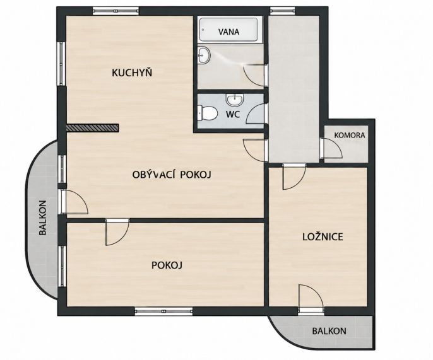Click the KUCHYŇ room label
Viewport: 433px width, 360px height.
[x=132, y=73]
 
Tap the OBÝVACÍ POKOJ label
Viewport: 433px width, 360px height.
[x=172, y=175]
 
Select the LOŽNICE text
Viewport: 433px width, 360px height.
[x=323, y=236]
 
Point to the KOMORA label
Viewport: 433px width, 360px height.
[x=350, y=136]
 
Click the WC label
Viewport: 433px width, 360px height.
[x=233, y=114]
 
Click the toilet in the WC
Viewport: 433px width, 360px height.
[x=207, y=113]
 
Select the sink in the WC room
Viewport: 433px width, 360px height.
[x=235, y=100]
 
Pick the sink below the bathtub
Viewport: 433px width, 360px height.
[x=204, y=55]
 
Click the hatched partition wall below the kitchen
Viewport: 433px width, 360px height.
[x=93, y=127]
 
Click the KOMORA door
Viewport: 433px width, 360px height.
[x=331, y=148]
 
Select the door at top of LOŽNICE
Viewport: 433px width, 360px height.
[x=294, y=177]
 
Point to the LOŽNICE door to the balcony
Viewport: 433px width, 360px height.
[x=311, y=299]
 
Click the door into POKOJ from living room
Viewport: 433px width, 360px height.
[x=117, y=232]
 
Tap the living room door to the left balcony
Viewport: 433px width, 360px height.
[x=74, y=202]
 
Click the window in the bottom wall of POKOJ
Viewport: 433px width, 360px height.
[x=163, y=311]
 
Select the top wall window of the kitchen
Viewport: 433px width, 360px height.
[x=116, y=11]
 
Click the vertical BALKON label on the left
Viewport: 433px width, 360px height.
[x=42, y=218]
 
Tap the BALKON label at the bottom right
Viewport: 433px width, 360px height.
[x=329, y=331]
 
